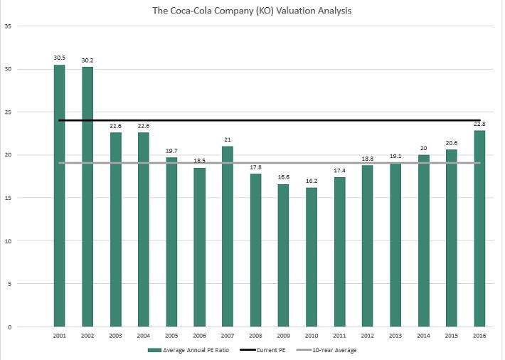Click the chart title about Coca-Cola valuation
[x=252, y=11]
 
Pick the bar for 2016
[x=480, y=228]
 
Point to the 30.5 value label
[x=59, y=58]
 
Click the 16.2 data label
[x=312, y=181]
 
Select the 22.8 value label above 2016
[x=480, y=124]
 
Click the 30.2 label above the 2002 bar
[x=87, y=60]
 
